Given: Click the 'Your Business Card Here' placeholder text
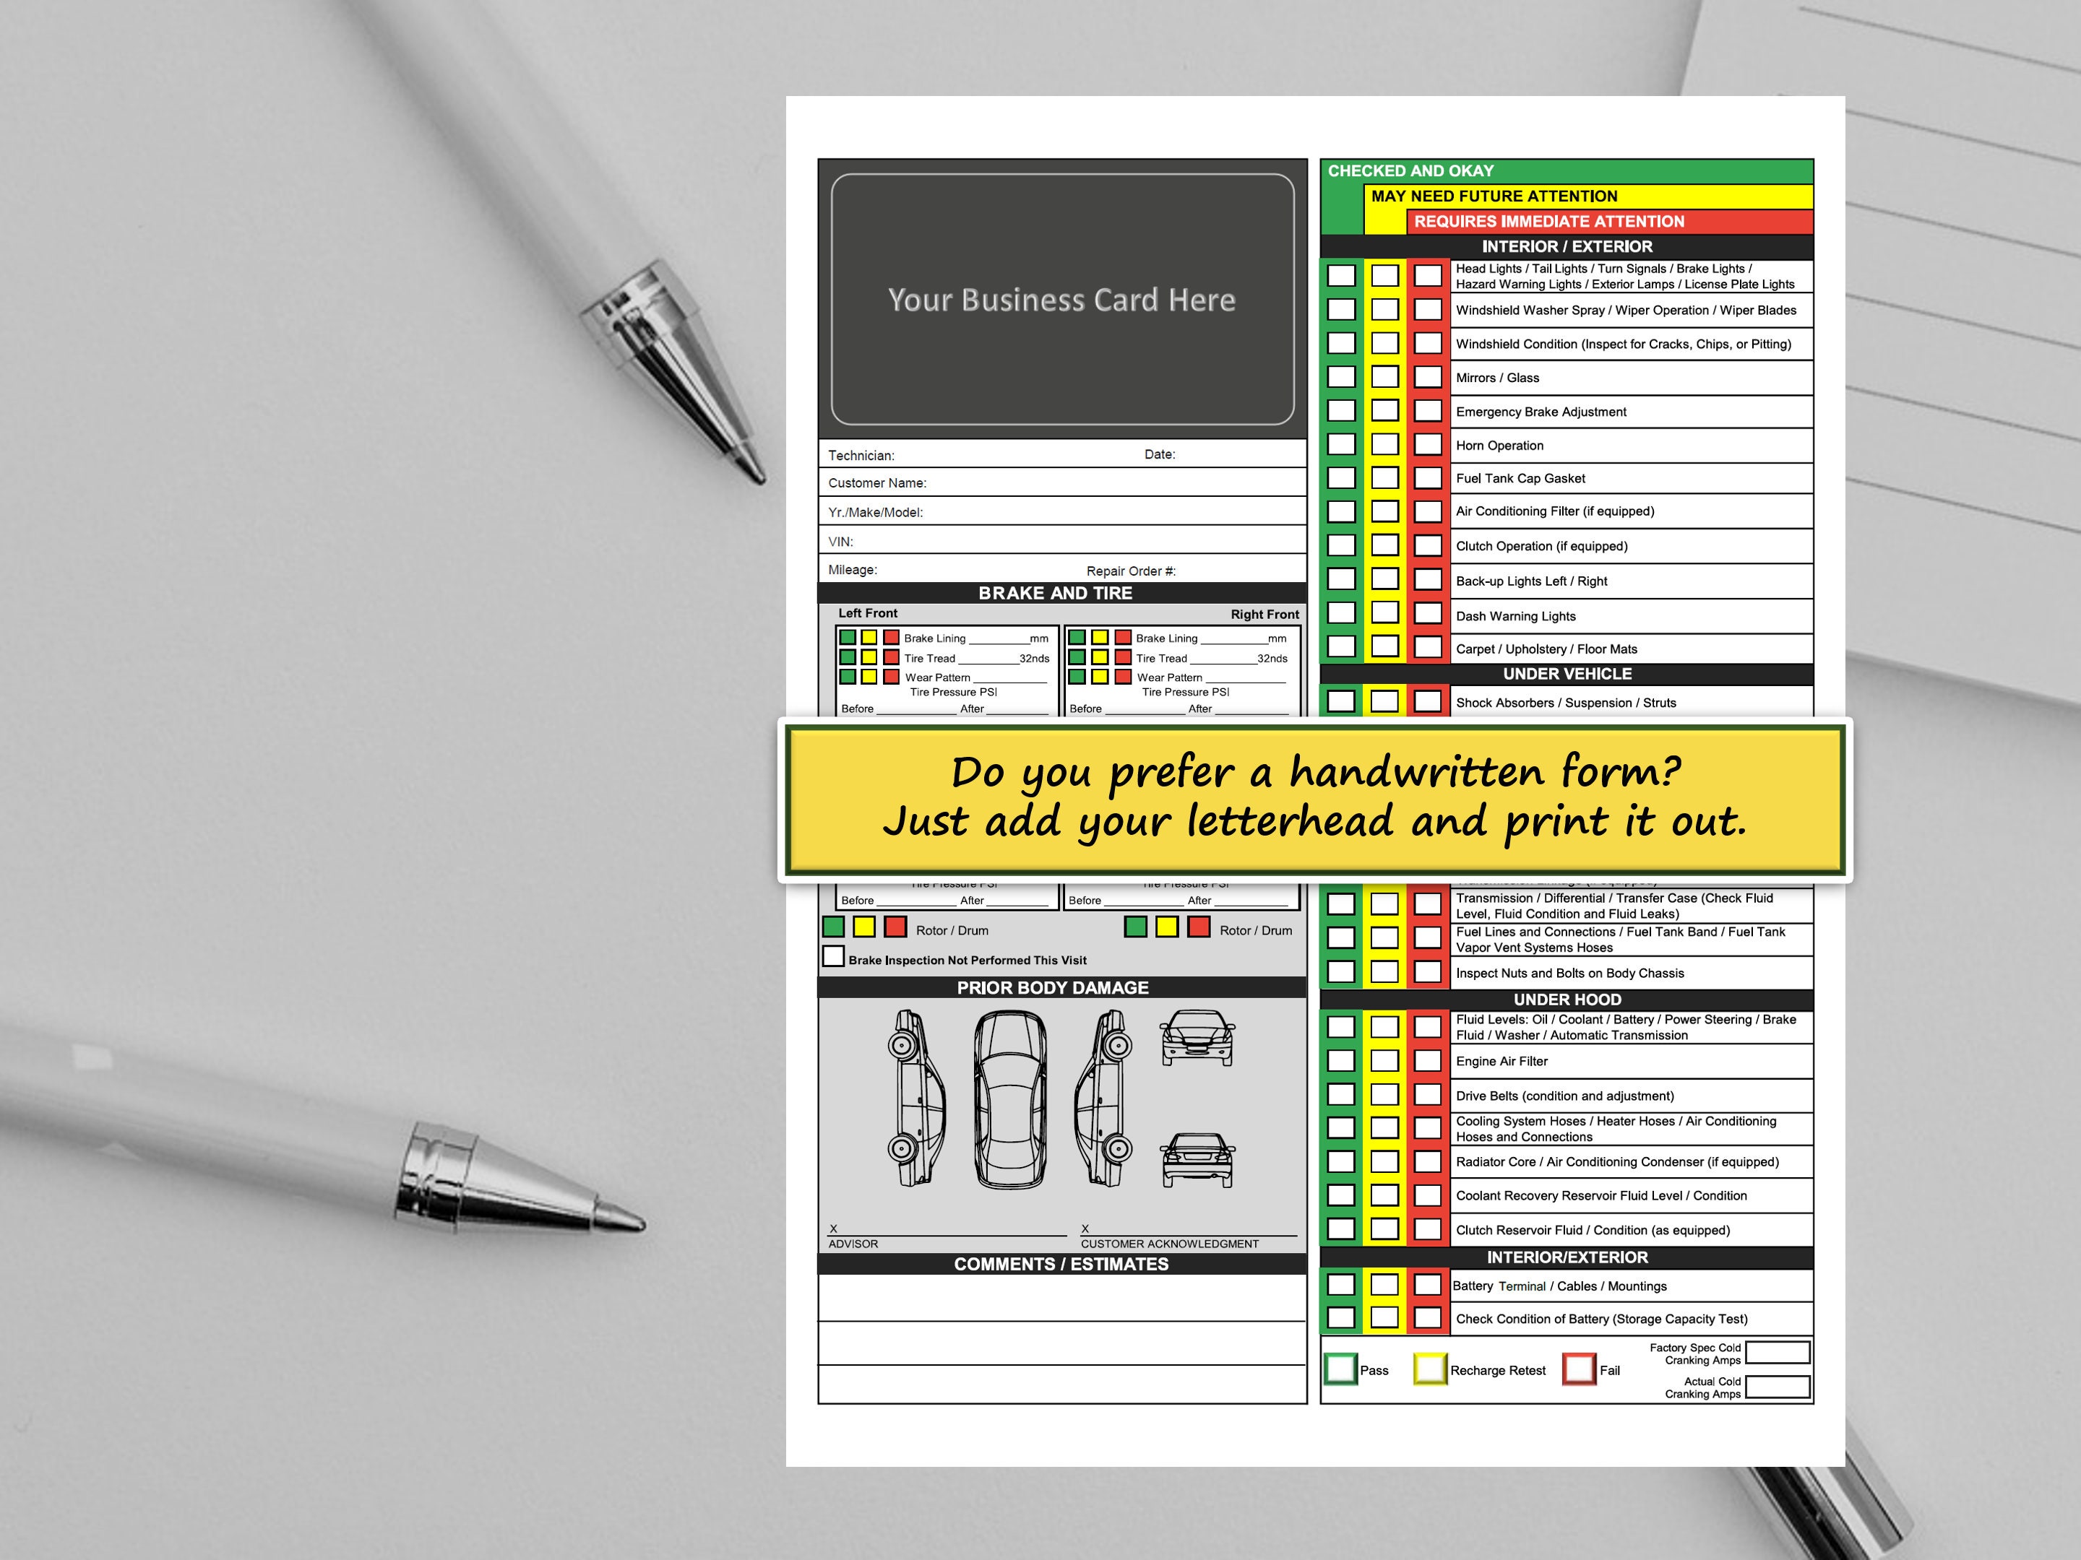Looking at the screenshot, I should pyautogui.click(x=1061, y=300).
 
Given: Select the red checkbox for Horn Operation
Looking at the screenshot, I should pyautogui.click(x=1427, y=445).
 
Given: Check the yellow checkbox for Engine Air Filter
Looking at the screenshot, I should pyautogui.click(x=1384, y=1061).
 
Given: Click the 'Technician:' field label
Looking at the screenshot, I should pyautogui.click(x=861, y=455).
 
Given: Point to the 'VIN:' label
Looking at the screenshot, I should pyautogui.click(x=840, y=542).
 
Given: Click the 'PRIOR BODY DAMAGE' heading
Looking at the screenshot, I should pyautogui.click(x=1053, y=987).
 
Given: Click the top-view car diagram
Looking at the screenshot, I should pyautogui.click(x=1009, y=1098).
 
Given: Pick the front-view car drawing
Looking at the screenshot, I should pyautogui.click(x=1197, y=1037).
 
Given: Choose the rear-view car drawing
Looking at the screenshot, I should pyautogui.click(x=1197, y=1159).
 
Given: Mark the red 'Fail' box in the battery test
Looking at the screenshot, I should pyautogui.click(x=1580, y=1369).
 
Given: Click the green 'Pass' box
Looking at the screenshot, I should pyautogui.click(x=1340, y=1369).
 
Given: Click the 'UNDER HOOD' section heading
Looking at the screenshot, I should pyautogui.click(x=1567, y=1000).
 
